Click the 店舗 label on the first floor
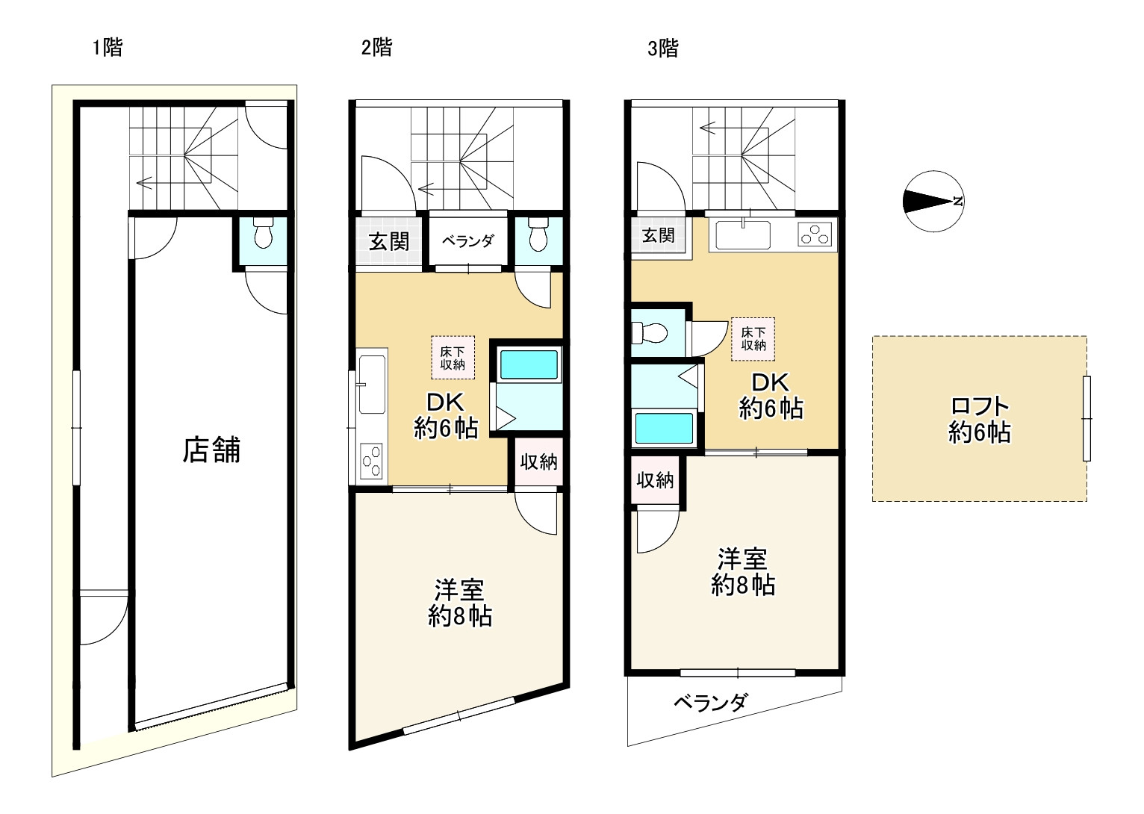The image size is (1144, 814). pos(211,450)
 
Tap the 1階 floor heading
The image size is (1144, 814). pos(108,48)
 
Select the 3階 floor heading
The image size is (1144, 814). pos(663,49)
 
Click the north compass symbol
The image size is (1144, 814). pos(933,201)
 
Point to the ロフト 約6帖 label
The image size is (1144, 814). pos(980,420)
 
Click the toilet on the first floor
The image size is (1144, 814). pos(263,233)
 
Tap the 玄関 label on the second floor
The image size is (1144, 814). pos(389,241)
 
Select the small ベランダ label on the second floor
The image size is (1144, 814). pos(467,240)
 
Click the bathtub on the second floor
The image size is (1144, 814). pos(529,364)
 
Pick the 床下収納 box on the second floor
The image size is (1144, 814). pos(453,358)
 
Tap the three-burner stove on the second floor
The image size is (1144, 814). pos(371,461)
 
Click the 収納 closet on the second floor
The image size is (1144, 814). pos(539,462)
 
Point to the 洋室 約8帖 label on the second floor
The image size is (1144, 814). pos(460,603)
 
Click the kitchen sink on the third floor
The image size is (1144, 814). pos(742,234)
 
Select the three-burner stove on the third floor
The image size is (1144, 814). pos(815,235)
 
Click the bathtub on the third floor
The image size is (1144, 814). pos(663,429)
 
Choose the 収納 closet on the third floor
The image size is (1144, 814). pos(655,480)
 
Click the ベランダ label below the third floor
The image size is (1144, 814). pos(711,703)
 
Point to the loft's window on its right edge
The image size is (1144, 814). pos(1087,419)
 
